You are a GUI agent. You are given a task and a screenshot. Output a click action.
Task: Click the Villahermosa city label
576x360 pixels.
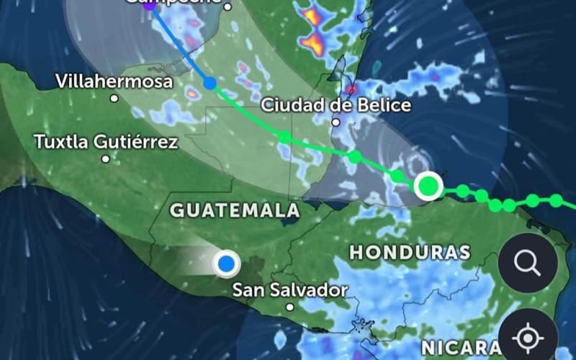point(114,81)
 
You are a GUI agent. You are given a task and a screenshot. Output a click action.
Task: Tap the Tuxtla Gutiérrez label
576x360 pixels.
point(106,142)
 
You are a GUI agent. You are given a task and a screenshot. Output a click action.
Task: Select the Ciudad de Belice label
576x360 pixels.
point(336,105)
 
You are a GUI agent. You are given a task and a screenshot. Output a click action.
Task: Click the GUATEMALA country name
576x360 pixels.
point(235,210)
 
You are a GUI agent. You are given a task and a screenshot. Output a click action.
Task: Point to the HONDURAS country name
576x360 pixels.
point(410,252)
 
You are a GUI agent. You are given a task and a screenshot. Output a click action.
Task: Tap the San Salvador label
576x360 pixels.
point(289,290)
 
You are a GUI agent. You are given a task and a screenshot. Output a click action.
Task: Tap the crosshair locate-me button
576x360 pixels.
point(528,337)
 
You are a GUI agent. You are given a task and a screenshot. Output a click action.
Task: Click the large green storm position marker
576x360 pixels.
point(428,186)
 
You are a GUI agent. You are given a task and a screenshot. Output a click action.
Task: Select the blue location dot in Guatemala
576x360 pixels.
point(228,264)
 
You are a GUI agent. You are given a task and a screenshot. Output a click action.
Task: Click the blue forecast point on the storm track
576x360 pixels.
point(210,84)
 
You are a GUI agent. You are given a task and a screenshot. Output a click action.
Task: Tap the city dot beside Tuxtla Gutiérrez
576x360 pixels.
point(106,158)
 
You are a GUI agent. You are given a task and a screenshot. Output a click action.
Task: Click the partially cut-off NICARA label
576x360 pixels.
point(461,348)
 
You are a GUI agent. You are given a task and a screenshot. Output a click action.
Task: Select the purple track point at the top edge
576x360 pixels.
point(149,6)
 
